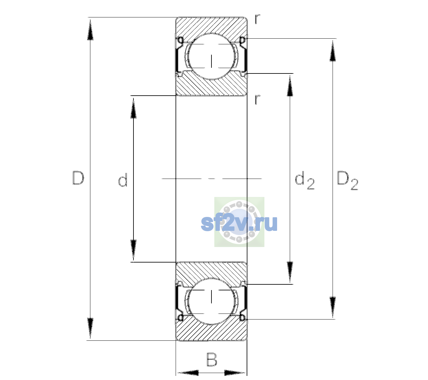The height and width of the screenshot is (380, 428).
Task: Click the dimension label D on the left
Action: pyautogui.click(x=78, y=178)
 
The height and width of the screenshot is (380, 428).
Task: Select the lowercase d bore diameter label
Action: pyautogui.click(x=123, y=180)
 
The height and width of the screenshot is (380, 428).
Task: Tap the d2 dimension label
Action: pyautogui.click(x=304, y=180)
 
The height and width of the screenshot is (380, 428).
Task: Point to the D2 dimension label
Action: pyautogui.click(x=347, y=180)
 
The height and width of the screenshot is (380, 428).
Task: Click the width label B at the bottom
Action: pyautogui.click(x=212, y=359)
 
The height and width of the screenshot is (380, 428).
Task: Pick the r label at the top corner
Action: pyautogui.click(x=257, y=19)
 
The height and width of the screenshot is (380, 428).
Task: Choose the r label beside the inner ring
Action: pyautogui.click(x=257, y=99)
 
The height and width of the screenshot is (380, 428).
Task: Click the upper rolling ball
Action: pyautogui.click(x=211, y=56)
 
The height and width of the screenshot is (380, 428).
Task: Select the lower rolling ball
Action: pyautogui.click(x=211, y=301)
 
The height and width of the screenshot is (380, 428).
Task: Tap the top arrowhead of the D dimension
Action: pyautogui.click(x=90, y=30)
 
